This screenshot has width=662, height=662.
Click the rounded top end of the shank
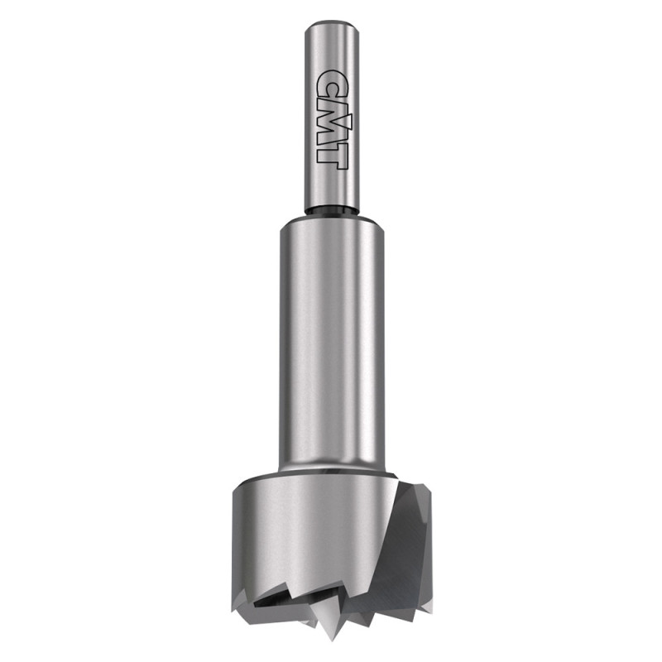[x=332, y=26]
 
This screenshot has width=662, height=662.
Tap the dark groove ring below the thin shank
[x=332, y=211]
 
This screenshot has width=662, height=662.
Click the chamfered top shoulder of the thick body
[x=332, y=221]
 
